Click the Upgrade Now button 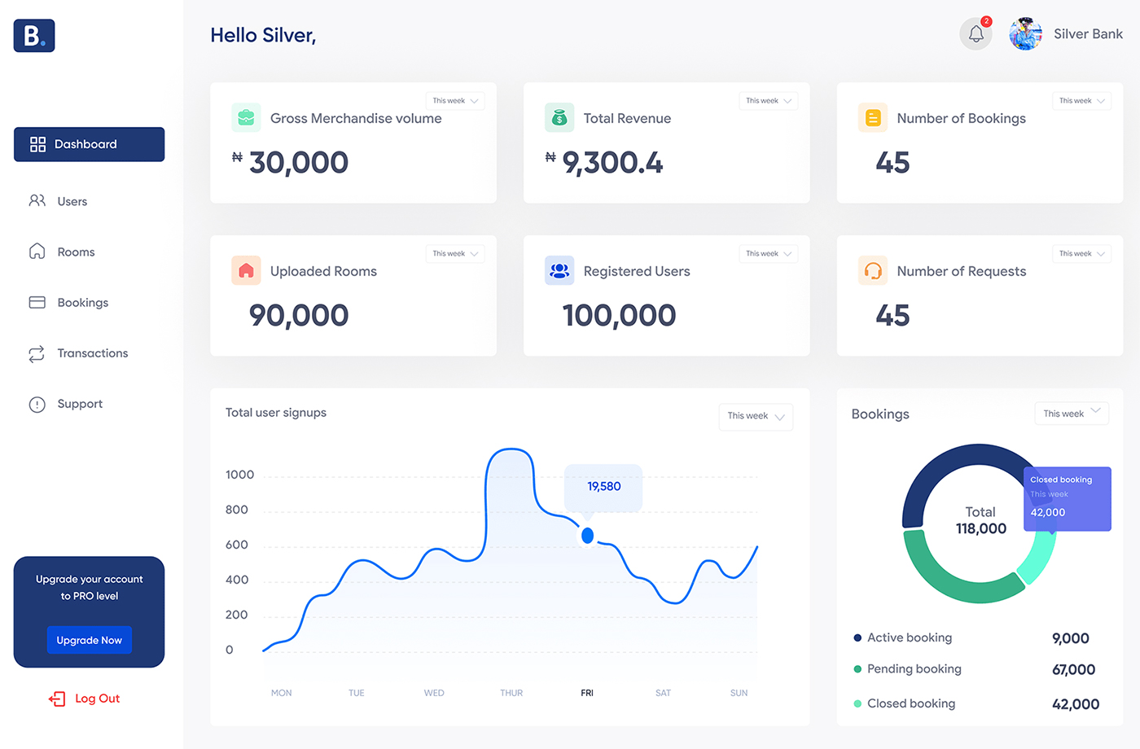click(89, 640)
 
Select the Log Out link click(85, 699)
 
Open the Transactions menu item click(92, 353)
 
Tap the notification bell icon click(976, 34)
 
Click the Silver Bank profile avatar click(1025, 34)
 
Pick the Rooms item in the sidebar click(76, 252)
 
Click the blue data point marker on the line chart click(587, 536)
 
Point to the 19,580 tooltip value click(603, 487)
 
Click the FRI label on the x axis click(587, 693)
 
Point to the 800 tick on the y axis click(237, 510)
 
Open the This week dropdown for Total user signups click(755, 416)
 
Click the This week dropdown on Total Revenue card click(768, 101)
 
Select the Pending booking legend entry click(914, 669)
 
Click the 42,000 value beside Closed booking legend click(1075, 704)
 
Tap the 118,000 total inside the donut click(980, 529)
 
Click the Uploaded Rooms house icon click(246, 271)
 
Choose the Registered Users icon click(559, 271)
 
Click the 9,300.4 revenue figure click(612, 163)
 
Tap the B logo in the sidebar click(34, 36)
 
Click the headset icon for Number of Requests click(873, 271)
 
